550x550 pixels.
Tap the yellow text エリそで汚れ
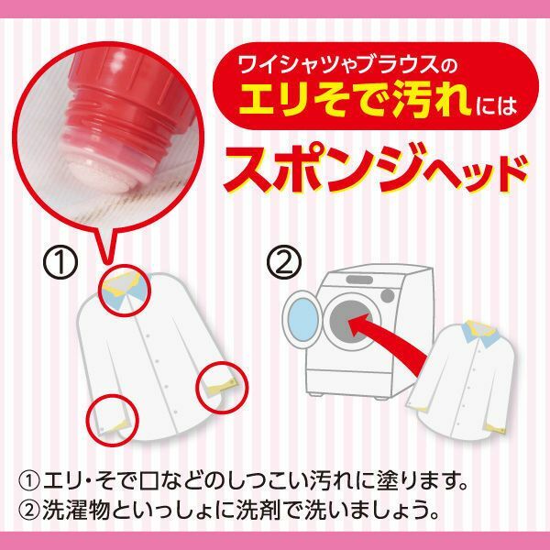tap(354, 100)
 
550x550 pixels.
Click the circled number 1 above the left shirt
tap(60, 262)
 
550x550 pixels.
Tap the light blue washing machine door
tap(303, 320)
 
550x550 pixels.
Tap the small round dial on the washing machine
tap(387, 294)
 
